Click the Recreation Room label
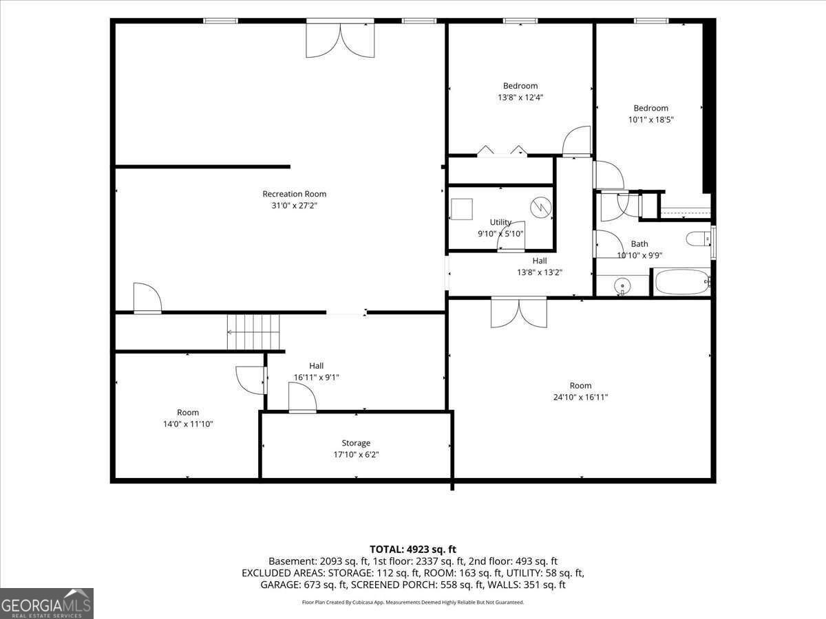tap(295, 194)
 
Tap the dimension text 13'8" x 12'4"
tap(520, 98)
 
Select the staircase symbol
tap(253, 332)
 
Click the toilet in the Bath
tap(699, 239)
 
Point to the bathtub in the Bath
tap(682, 282)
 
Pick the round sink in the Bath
tap(622, 285)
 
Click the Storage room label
tap(356, 443)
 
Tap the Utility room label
tap(500, 222)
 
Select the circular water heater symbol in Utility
tap(541, 207)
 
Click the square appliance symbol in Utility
tap(462, 209)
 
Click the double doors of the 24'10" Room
tap(519, 314)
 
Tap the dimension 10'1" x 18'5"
tap(650, 120)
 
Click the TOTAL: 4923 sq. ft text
tap(413, 550)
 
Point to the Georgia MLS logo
tap(46, 603)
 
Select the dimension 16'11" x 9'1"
tap(316, 378)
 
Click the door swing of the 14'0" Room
tap(251, 380)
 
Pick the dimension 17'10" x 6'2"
tap(356, 455)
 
